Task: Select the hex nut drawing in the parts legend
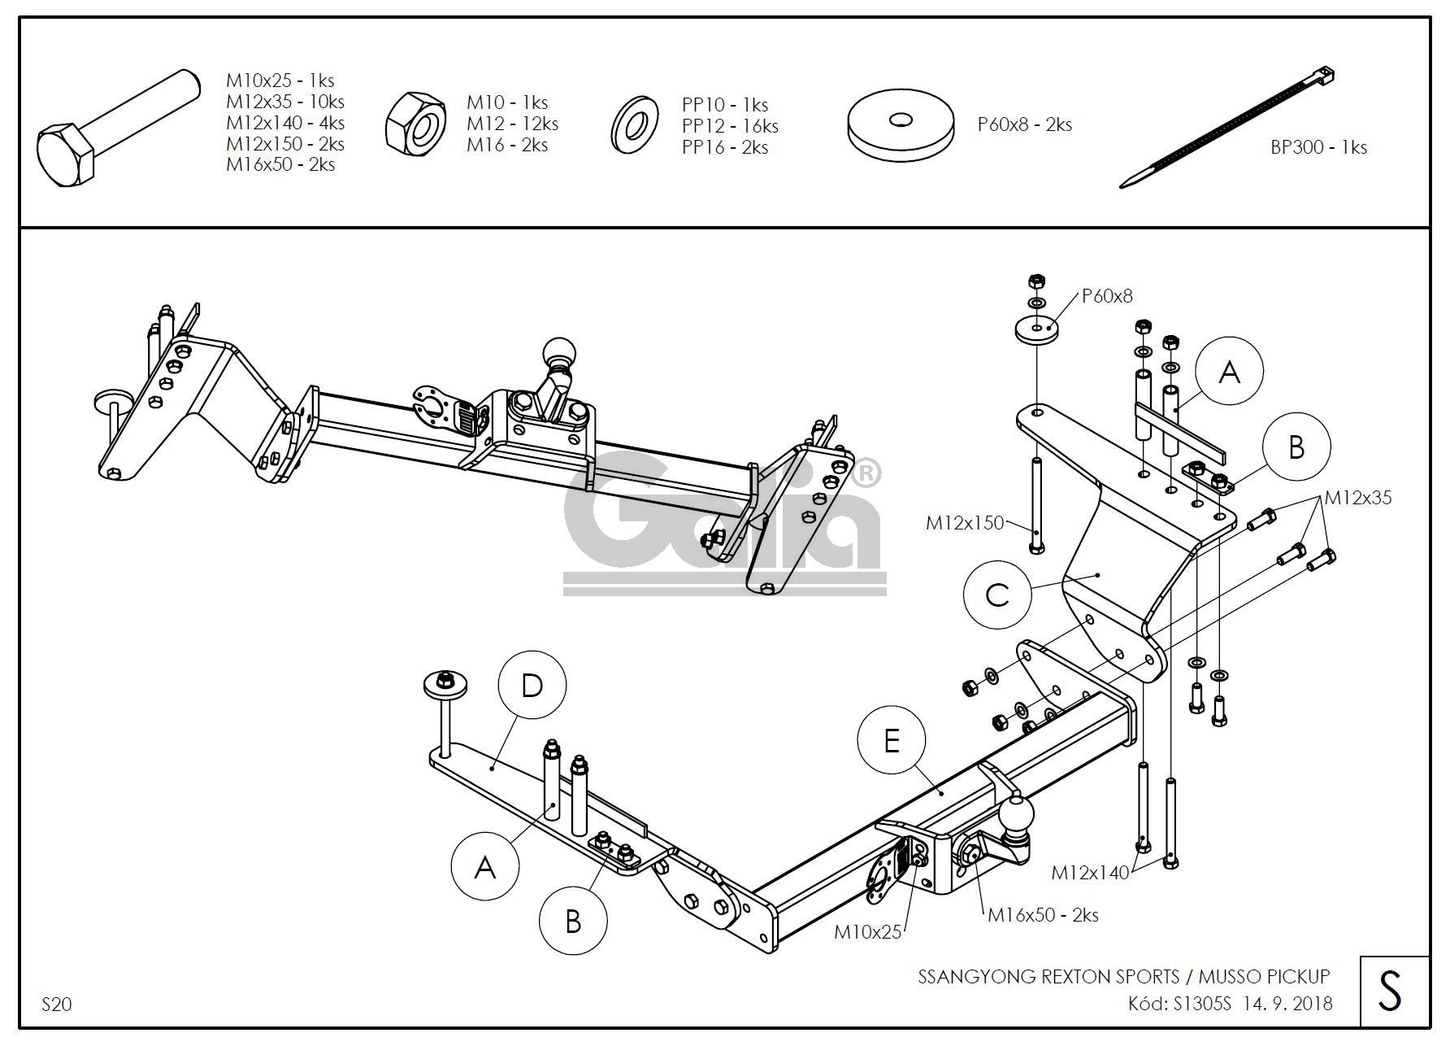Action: click(x=415, y=123)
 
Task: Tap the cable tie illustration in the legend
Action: click(x=1227, y=128)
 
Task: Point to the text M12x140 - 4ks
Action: click(x=285, y=123)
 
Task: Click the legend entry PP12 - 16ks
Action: click(x=730, y=126)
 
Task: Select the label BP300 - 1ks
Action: click(x=1318, y=148)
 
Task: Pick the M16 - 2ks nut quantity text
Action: click(x=507, y=145)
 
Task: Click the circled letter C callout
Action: click(x=996, y=595)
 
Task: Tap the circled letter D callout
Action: click(x=532, y=686)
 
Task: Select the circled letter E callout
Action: click(x=892, y=741)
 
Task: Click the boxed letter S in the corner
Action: click(x=1391, y=992)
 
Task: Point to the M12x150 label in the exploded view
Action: click(x=965, y=523)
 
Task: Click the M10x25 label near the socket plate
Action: click(x=867, y=932)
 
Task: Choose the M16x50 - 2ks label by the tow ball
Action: click(x=1043, y=915)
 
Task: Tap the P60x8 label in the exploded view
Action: click(x=1106, y=296)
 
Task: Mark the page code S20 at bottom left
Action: click(x=57, y=1005)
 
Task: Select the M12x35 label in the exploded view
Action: click(x=1357, y=498)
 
